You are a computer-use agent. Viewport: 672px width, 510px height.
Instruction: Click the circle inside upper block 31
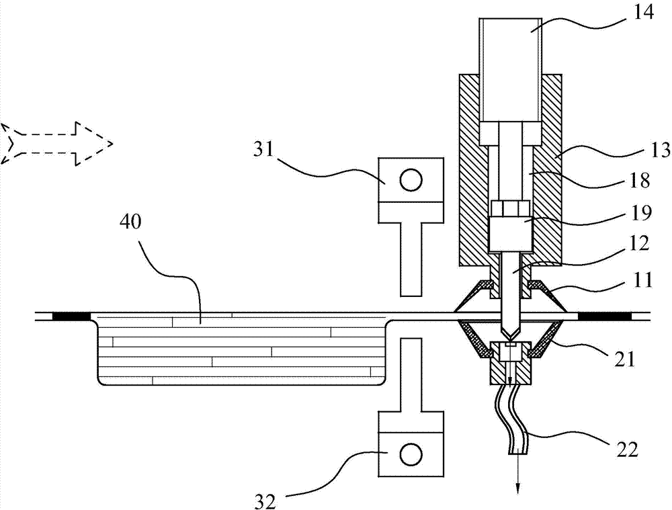410,180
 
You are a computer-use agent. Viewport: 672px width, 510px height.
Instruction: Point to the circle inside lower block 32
410,454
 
